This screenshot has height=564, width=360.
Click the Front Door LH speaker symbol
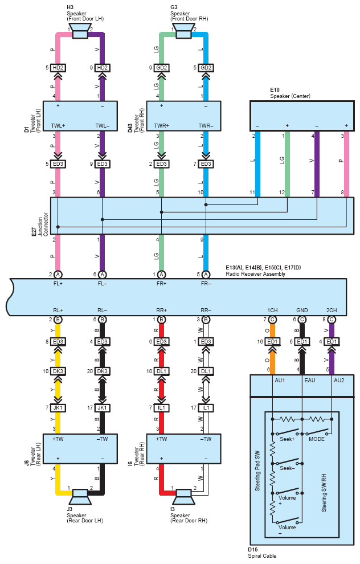[x=80, y=31]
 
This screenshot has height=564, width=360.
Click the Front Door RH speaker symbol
[x=183, y=31]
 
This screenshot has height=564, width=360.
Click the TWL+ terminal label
[x=58, y=126]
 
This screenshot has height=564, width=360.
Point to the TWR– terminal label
[x=206, y=126]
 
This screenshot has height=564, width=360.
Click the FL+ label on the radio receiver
[x=58, y=284]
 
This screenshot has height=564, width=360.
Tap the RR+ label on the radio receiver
[x=161, y=310]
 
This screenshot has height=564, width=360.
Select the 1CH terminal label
[x=272, y=310]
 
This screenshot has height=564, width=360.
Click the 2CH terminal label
[x=332, y=310]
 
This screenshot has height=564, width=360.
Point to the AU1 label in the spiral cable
[x=280, y=380]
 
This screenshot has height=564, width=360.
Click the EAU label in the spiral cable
[x=310, y=380]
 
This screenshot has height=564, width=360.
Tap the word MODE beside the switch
[x=317, y=439]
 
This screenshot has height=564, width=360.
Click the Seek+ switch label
[x=287, y=439]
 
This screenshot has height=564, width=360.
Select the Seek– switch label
[x=287, y=468]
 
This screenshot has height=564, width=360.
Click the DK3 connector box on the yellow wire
[x=58, y=371]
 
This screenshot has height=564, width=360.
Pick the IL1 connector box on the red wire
[x=161, y=408]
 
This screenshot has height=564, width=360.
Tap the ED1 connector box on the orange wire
[x=272, y=342]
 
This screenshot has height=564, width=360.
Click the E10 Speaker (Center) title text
[x=291, y=93]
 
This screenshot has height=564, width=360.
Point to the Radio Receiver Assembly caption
[x=255, y=273]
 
